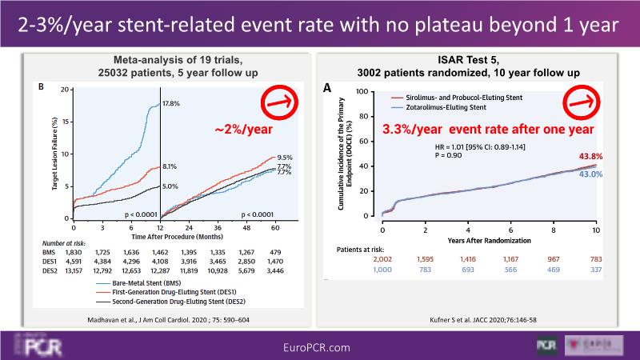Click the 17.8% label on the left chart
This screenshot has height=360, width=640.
coord(171,104)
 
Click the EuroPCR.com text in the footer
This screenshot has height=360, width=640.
coord(319,346)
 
